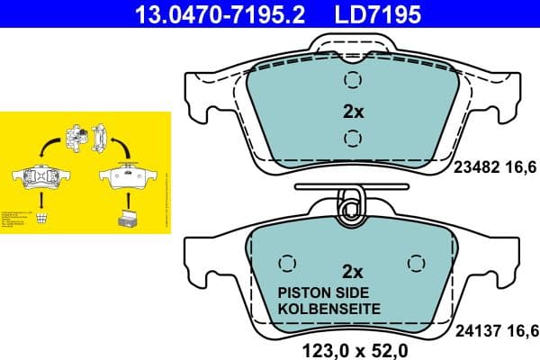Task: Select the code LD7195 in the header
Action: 378,14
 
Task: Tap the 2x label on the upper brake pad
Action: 352,112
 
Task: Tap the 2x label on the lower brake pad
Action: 352,272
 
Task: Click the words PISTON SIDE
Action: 328,292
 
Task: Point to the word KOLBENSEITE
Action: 328,309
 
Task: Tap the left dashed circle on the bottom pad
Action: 288,264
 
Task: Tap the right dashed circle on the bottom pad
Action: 415,264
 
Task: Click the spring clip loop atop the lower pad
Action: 352,205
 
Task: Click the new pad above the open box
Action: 126,175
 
